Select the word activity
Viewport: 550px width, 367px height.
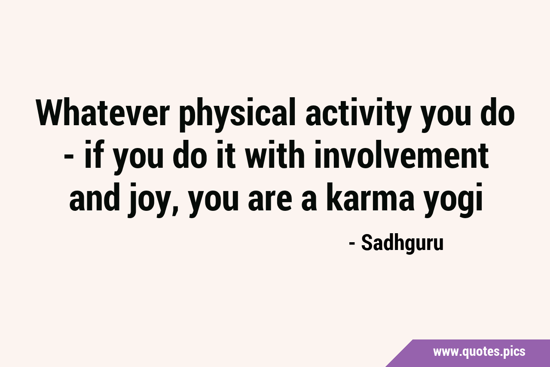[x=358, y=115]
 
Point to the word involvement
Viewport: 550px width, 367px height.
[x=401, y=154]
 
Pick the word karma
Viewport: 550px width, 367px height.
[x=370, y=197]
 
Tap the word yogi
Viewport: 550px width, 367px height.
[x=453, y=200]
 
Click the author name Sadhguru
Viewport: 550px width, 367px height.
[x=403, y=244]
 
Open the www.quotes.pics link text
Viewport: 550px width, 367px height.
[x=479, y=352]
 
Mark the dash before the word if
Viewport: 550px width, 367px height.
[x=68, y=158]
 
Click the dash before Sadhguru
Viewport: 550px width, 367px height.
[x=352, y=244]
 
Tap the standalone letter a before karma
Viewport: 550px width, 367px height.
[x=309, y=200]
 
